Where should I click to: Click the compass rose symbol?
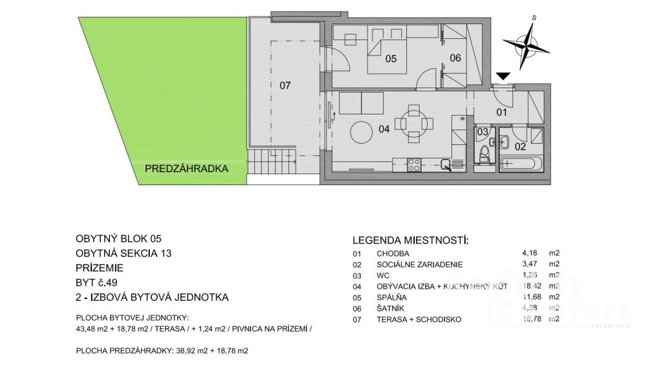(527, 45)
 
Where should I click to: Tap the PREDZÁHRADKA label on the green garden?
(186, 168)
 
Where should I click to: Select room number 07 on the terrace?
(285, 85)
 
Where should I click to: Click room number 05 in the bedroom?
(391, 59)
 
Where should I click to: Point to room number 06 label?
(455, 58)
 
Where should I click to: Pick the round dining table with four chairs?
(414, 124)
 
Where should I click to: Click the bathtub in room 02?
(521, 164)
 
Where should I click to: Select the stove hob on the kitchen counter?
(414, 165)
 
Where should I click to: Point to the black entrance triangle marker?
(503, 76)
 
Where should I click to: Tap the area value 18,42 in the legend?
(530, 286)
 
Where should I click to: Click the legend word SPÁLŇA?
(391, 298)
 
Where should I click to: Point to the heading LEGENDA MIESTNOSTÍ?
(410, 240)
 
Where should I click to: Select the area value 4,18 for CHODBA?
(529, 253)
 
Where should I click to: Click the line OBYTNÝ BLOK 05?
(118, 239)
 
